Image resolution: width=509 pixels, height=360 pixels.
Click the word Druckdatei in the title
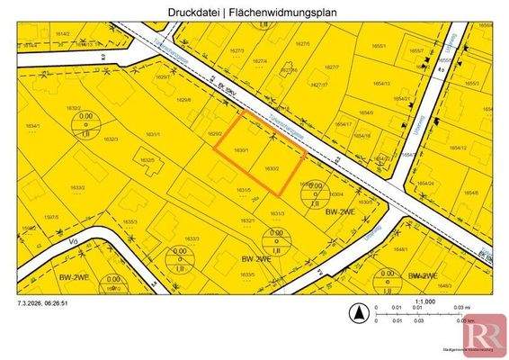[194, 13]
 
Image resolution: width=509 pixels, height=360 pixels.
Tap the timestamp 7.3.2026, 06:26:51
[43, 303]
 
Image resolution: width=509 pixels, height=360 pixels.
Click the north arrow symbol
[358, 313]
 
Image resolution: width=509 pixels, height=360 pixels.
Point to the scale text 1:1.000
[424, 301]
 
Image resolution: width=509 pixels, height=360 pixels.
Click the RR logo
[484, 334]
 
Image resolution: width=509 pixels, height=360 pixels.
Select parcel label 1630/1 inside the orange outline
[241, 149]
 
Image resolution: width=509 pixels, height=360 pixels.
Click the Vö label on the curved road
[74, 240]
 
